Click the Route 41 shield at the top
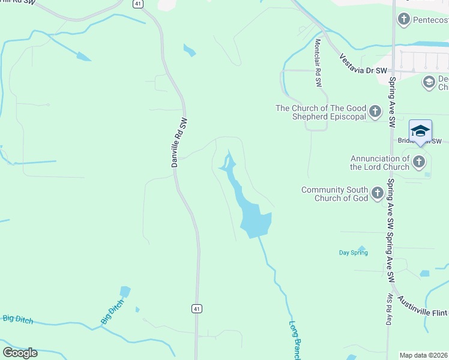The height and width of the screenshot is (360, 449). pos(138,4)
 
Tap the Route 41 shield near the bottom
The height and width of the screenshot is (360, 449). pos(197,308)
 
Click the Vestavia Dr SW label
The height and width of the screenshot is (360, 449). pos(365,65)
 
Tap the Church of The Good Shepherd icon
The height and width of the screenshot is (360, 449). pos(375,112)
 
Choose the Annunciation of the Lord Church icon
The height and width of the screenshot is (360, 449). pos(419,161)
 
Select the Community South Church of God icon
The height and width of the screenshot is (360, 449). pos(378,193)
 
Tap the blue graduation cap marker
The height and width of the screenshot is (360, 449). pos(420,131)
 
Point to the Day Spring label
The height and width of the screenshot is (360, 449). pos(353,253)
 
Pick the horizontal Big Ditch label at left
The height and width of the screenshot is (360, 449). pos(17,318)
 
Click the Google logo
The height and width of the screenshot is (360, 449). pos(20,352)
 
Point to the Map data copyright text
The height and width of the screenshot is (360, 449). pos(424,355)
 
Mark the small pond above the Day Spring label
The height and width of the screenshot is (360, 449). pos(361,248)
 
